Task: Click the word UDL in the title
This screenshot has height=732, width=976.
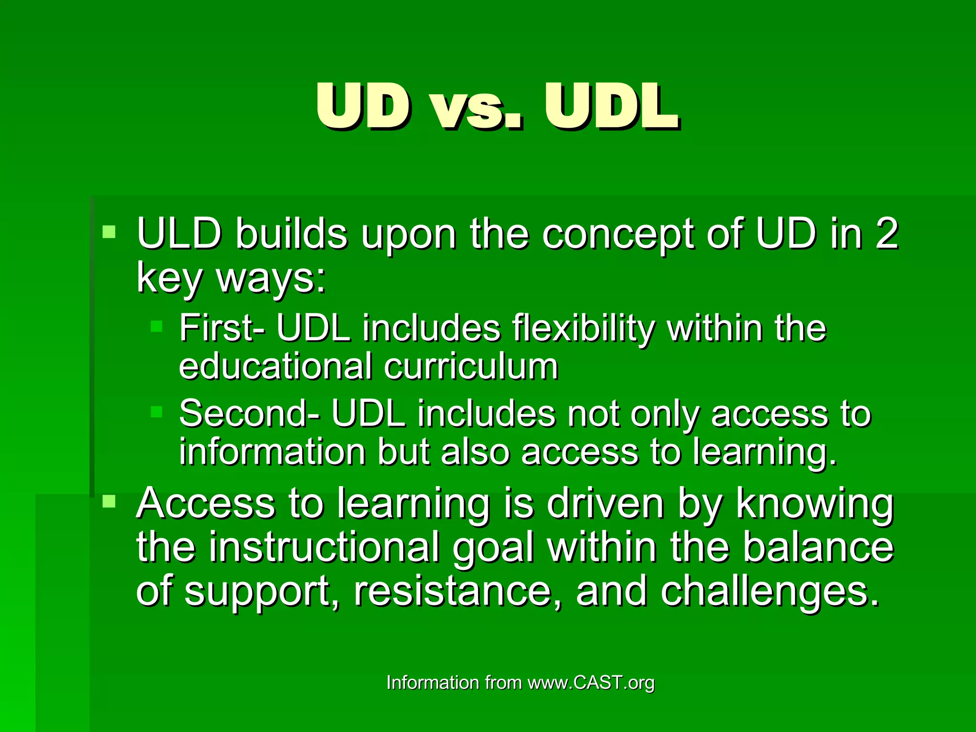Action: pyautogui.click(x=611, y=107)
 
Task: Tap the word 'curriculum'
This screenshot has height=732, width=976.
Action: pyautogui.click(x=471, y=367)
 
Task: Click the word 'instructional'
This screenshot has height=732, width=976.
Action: pyautogui.click(x=324, y=548)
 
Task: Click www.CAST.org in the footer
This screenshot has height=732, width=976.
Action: pyautogui.click(x=591, y=683)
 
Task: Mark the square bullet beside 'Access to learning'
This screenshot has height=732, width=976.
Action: pyautogui.click(x=109, y=501)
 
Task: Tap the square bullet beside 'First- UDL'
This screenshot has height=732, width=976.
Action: pyautogui.click(x=156, y=326)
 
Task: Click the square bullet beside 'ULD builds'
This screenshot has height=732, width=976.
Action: pyautogui.click(x=109, y=232)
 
